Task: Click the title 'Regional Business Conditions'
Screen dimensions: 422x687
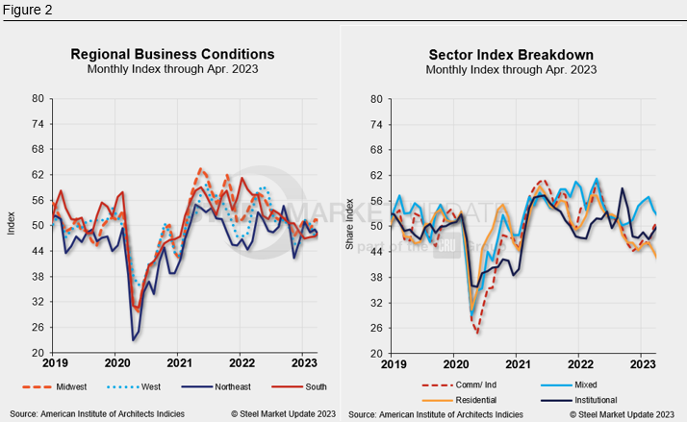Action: tap(172, 54)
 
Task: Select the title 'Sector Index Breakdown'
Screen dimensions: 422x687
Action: tap(511, 54)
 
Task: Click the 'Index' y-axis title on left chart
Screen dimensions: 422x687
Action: tap(11, 225)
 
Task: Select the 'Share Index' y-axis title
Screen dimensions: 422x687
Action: tap(350, 225)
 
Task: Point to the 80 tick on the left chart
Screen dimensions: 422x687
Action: tap(38, 98)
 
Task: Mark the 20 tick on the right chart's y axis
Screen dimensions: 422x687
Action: tap(377, 353)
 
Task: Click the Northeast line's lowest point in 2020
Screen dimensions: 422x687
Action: tap(133, 340)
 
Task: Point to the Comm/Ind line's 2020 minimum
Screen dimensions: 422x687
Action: tap(477, 333)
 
